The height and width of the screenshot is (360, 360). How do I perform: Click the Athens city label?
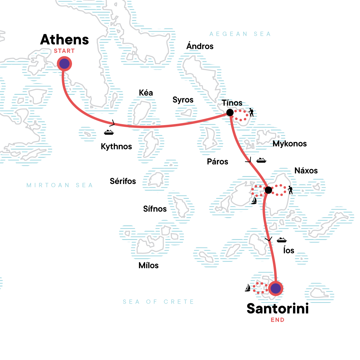pos(64,40)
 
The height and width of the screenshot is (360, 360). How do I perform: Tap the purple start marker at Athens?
pos(64,64)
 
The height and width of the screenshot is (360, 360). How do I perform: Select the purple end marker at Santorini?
pos(275,288)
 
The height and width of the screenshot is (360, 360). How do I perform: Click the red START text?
pos(64,51)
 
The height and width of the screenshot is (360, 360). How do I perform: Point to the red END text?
pos(277,320)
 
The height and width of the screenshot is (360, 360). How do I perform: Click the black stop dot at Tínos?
pos(230,112)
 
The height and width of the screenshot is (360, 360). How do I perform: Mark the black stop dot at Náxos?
pos(268,190)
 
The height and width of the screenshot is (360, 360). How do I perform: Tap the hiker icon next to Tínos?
pos(251,112)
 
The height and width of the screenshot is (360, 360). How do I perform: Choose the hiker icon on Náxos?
pos(290,190)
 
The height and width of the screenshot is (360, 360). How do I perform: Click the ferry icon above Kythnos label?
pos(109,132)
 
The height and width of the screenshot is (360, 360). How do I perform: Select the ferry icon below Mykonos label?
pos(261,160)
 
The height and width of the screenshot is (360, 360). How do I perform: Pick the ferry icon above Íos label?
pos(281,240)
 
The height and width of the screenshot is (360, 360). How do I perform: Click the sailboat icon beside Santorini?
pos(248,288)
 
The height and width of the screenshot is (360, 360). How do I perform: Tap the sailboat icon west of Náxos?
pos(254,200)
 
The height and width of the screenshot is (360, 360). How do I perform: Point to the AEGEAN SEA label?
pos(240,34)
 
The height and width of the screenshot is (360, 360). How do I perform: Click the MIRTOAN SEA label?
pos(60,185)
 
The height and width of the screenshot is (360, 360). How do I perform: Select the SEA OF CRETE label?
pos(158,302)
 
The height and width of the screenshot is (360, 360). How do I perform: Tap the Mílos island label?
pos(148,265)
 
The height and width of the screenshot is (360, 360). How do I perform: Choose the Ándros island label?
pos(200,46)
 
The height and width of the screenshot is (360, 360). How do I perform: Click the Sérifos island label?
pos(123,181)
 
